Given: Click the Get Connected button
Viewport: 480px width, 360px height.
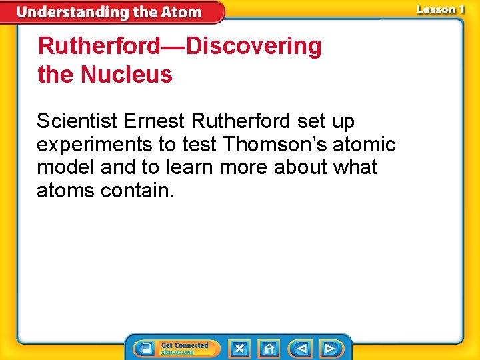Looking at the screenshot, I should (x=176, y=348).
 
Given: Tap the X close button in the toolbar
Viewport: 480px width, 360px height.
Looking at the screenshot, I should (x=239, y=348).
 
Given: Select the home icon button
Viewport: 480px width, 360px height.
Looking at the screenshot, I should (x=269, y=348).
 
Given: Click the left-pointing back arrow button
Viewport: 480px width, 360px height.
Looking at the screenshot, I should (x=301, y=348).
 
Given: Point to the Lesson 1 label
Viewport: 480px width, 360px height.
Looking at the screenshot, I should (x=440, y=9).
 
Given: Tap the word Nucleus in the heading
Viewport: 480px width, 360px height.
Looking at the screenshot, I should (x=127, y=75).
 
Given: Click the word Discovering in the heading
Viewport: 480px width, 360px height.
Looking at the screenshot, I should (x=254, y=46).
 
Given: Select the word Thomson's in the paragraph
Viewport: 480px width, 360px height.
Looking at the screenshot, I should (x=276, y=144).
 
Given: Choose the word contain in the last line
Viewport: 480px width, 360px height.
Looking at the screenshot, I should (x=137, y=191).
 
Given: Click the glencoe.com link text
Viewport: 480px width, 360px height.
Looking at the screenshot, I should (x=177, y=352).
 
